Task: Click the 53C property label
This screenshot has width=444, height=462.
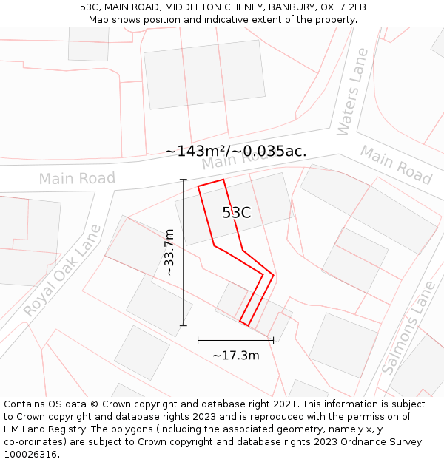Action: point(236,213)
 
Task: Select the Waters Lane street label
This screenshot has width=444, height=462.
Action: point(352,92)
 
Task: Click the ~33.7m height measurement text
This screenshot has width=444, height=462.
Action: point(169,252)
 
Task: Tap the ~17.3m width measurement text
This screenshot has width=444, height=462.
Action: point(235,356)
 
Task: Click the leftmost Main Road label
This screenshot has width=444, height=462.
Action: point(77,178)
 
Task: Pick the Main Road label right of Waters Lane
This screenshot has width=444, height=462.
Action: point(396,164)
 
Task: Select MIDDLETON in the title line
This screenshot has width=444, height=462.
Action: point(195,7)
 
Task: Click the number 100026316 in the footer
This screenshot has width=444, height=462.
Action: point(31,454)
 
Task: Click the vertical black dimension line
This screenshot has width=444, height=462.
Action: point(183,252)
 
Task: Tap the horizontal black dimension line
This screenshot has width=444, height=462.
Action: point(235,340)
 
